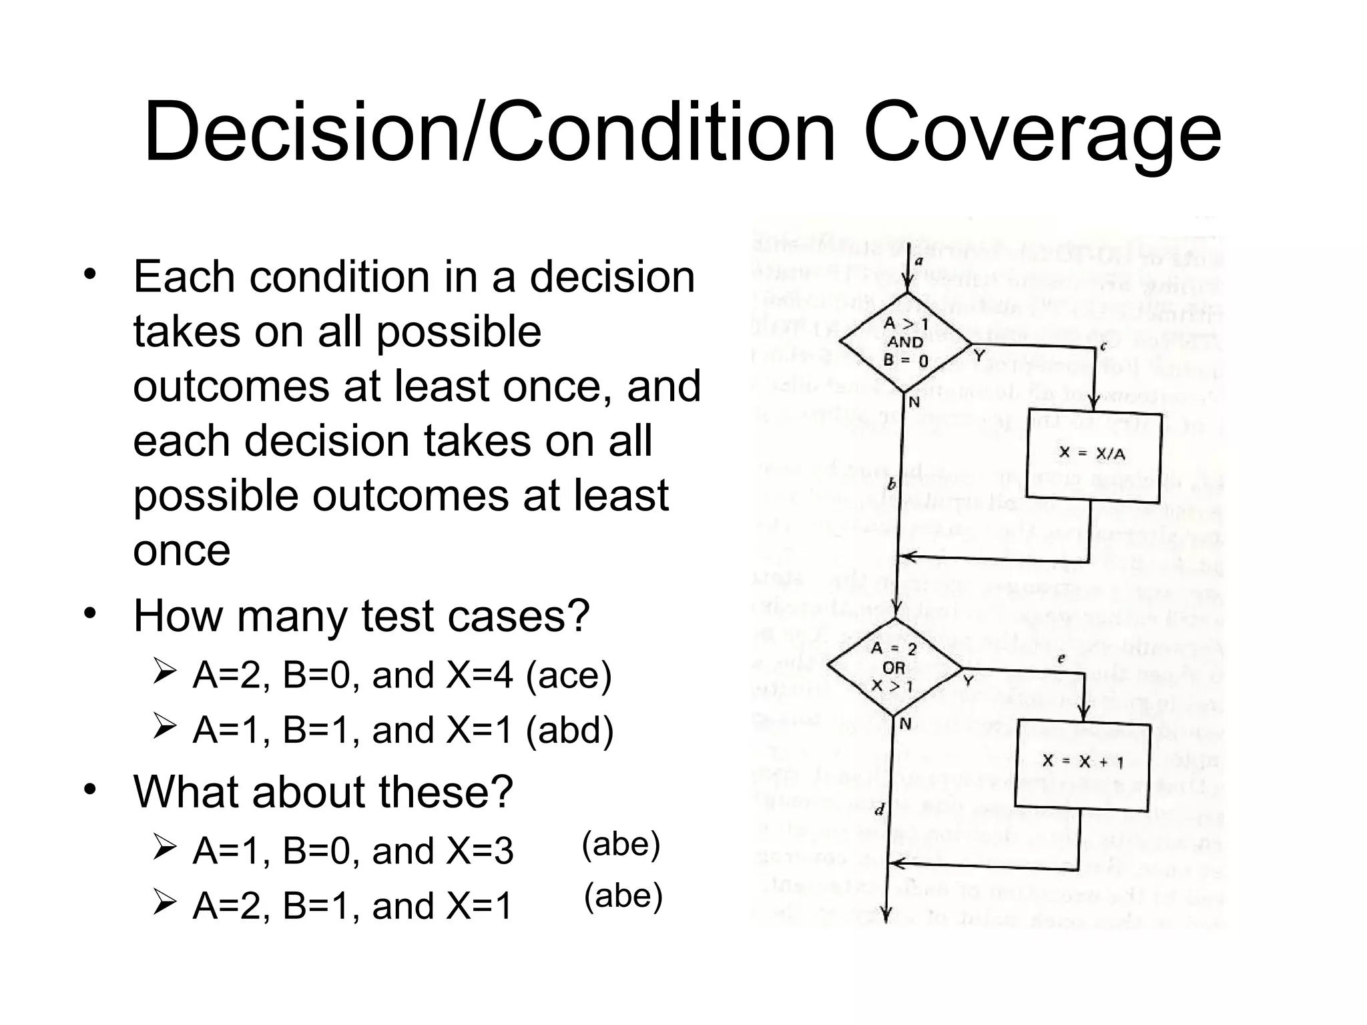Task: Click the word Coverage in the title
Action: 1042,132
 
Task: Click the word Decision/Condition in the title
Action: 489,132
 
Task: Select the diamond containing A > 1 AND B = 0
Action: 906,342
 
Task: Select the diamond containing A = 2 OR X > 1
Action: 894,667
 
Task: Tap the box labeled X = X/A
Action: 1093,454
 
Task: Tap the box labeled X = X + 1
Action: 1082,762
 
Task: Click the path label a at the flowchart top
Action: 918,261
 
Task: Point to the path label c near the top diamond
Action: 1103,346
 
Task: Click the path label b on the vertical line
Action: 891,484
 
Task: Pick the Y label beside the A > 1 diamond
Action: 979,357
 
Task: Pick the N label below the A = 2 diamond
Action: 905,724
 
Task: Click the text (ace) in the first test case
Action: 569,675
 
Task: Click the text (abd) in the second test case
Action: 569,729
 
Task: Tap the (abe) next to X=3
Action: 621,844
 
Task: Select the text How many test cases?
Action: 361,615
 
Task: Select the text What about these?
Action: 323,791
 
